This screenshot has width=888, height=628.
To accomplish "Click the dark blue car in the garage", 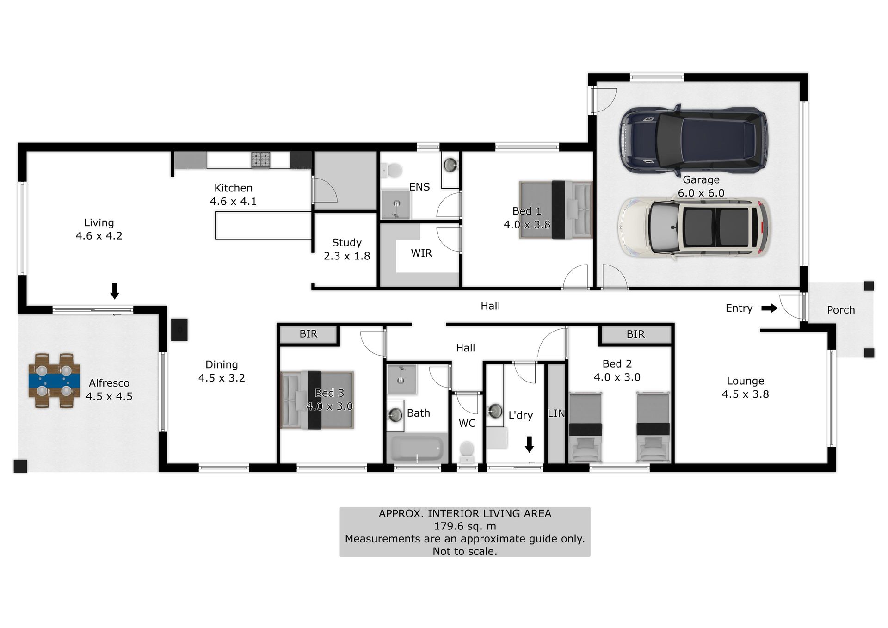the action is point(693,139).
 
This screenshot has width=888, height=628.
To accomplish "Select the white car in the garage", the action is point(693,228).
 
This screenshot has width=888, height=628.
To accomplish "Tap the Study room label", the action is point(347,243).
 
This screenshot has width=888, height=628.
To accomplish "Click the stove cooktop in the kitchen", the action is point(261,160).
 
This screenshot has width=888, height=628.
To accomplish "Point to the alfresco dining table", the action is point(54,381).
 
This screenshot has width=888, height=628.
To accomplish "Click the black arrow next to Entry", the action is point(770,308).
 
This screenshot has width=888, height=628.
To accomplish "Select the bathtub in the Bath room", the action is point(418,448).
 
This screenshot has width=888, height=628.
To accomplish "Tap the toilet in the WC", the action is point(467,452).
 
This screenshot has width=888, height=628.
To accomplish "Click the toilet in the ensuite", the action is point(392,170).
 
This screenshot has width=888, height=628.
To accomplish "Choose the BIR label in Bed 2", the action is point(635,334).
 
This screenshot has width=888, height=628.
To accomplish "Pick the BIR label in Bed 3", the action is point(308,334).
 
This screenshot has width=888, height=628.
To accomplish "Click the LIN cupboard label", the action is point(556,413).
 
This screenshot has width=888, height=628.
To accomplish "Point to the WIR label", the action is point(421,253).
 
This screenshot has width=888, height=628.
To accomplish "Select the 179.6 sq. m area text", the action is point(465,526).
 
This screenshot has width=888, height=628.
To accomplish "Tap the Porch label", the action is point(841,310).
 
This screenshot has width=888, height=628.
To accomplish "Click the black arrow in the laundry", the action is point(530,444).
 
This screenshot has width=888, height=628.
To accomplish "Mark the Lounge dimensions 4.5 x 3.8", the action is point(746,394).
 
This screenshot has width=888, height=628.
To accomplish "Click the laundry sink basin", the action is point(495,411).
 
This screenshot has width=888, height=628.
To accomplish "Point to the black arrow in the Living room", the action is point(115,291).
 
